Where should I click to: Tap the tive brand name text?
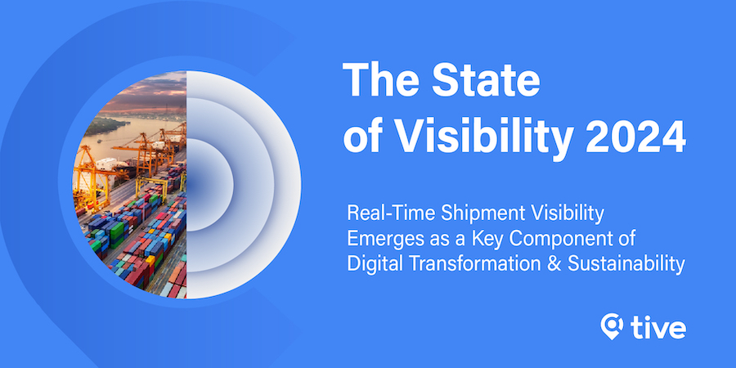pyautogui.click(x=658, y=327)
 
